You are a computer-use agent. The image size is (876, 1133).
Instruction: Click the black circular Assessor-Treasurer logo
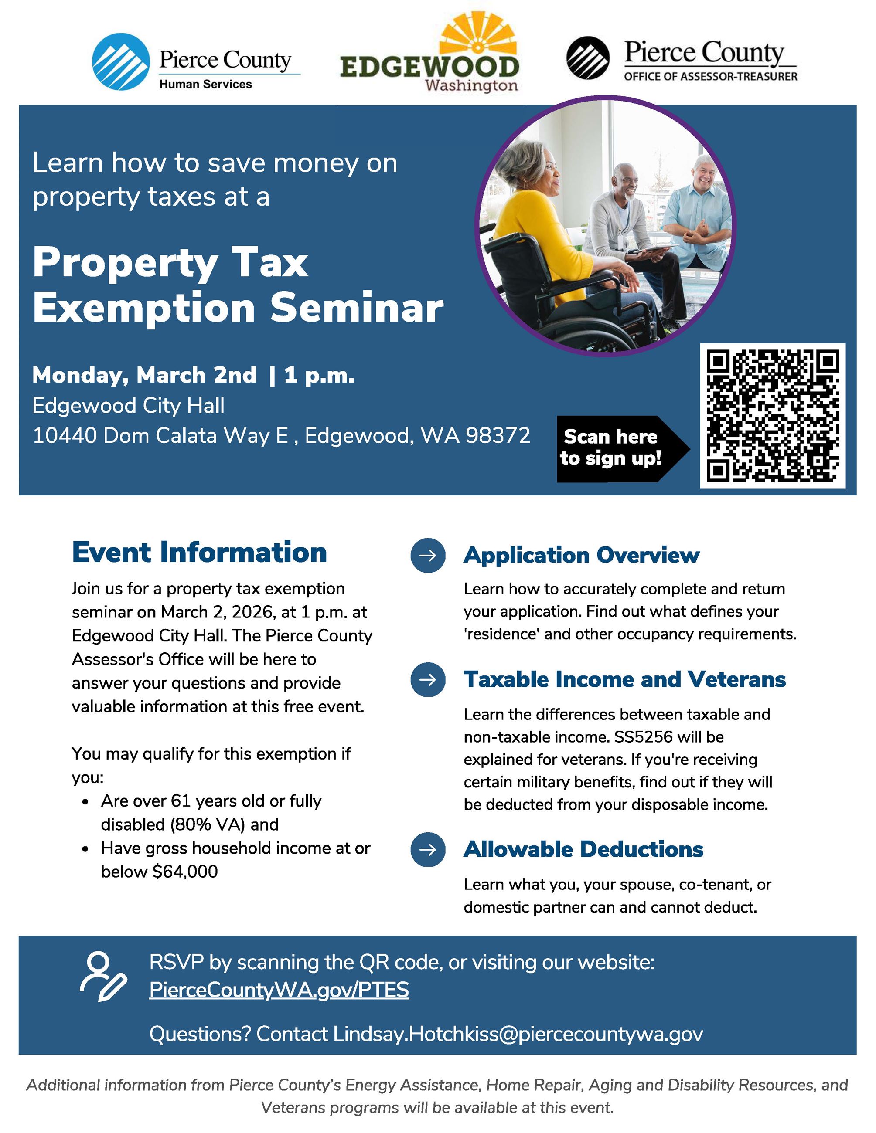[587, 58]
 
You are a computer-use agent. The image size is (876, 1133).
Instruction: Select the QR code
[772, 416]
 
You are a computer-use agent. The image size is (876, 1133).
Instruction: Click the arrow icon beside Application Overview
[428, 555]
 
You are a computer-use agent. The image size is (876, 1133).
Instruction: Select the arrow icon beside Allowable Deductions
[428, 849]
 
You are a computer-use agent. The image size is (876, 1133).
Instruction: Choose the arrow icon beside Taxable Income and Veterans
[428, 680]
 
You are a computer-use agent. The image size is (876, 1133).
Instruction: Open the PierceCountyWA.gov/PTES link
[279, 990]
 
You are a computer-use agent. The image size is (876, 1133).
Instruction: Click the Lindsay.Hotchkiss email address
[518, 1034]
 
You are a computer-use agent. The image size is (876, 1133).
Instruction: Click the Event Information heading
[199, 552]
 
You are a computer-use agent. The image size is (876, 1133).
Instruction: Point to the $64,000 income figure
[185, 872]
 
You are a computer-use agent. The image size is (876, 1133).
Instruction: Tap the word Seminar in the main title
[357, 308]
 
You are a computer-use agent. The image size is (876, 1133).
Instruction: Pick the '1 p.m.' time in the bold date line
[319, 375]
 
